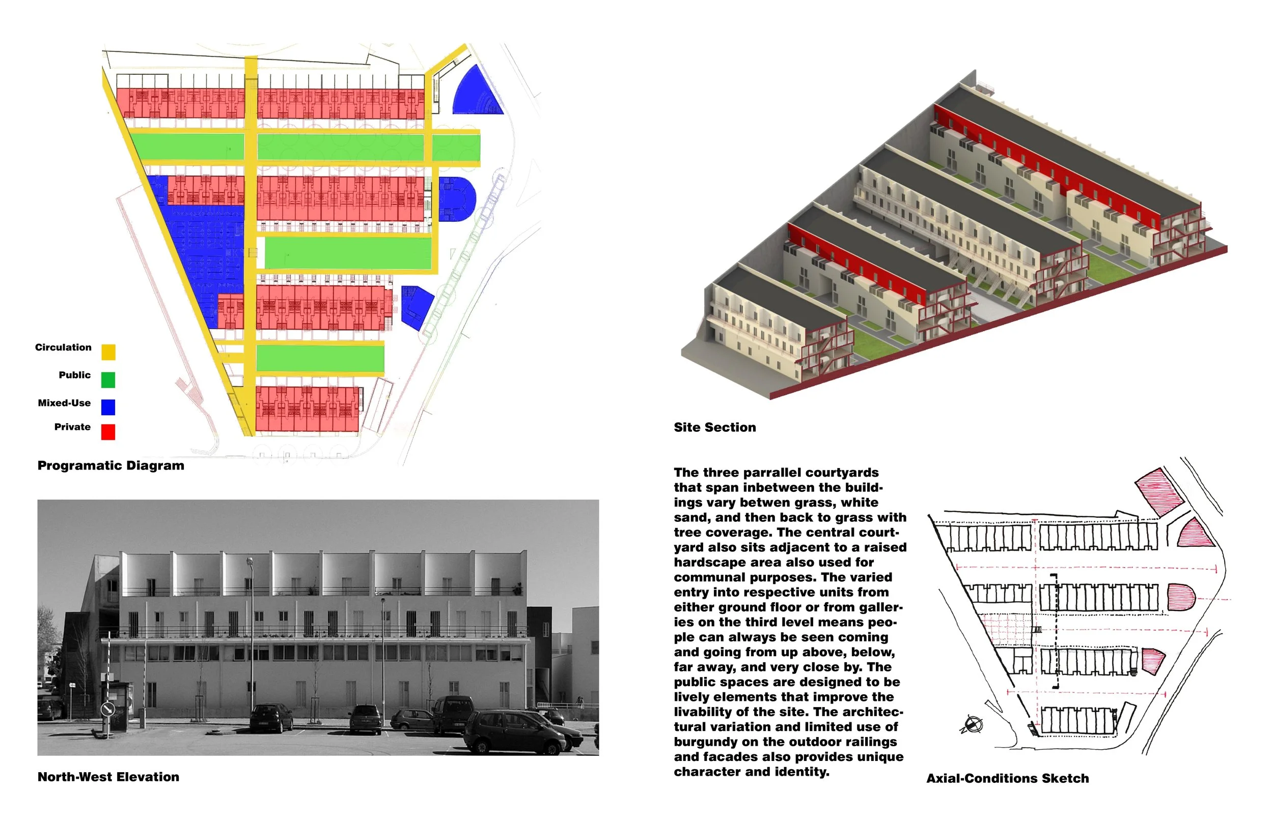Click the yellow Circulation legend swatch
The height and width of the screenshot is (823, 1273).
pos(108,352)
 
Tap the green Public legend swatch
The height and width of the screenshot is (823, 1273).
pos(108,380)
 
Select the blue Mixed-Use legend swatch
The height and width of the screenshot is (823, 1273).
pos(108,407)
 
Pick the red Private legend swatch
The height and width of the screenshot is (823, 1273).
pos(108,432)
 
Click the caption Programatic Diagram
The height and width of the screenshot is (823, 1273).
pos(110,465)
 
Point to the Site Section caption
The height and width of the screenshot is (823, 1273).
pos(714,428)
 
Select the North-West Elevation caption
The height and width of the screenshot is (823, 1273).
pos(108,777)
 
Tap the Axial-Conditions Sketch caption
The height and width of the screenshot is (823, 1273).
pos(1007,779)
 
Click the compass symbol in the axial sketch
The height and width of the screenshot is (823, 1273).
pos(972,725)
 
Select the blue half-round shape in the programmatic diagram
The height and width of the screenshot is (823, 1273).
pos(456,199)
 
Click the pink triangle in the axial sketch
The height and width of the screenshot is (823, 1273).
pos(1196,535)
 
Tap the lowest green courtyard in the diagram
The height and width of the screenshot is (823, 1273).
pos(320,358)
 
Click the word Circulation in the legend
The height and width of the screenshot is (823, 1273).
pos(63,347)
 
